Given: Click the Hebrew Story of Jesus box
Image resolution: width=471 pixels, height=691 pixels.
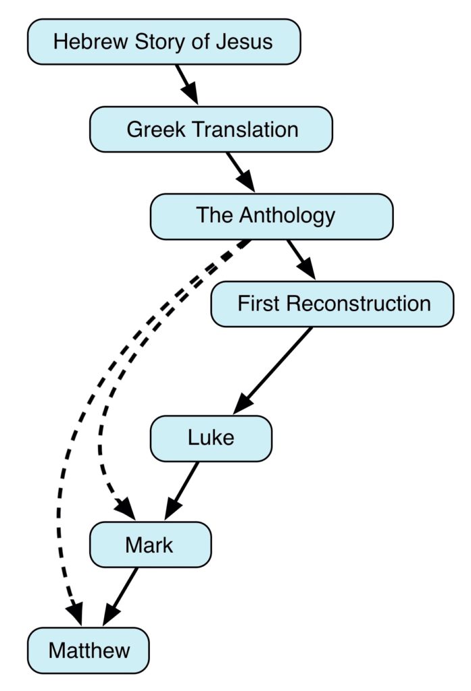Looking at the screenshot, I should click(x=164, y=42).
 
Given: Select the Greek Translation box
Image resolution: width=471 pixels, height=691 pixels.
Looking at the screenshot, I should click(x=211, y=129).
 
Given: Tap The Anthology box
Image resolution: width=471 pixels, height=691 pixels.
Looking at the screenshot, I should click(x=271, y=216).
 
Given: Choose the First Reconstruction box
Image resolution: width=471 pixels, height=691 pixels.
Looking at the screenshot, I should click(x=332, y=304).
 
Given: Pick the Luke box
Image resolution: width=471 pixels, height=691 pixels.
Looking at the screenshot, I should click(x=211, y=438).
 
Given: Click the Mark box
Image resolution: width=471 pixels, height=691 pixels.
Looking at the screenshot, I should click(x=150, y=545).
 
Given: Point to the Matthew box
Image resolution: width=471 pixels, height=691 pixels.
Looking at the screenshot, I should click(x=89, y=651).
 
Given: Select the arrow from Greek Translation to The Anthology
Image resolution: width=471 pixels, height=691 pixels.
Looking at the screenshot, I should click(x=241, y=171).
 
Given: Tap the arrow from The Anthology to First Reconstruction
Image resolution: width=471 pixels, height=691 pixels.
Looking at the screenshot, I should click(x=301, y=259).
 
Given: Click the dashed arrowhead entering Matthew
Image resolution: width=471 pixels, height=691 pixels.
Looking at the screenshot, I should click(x=74, y=614).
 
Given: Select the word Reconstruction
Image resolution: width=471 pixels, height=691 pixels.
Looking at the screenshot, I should click(x=358, y=304).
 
